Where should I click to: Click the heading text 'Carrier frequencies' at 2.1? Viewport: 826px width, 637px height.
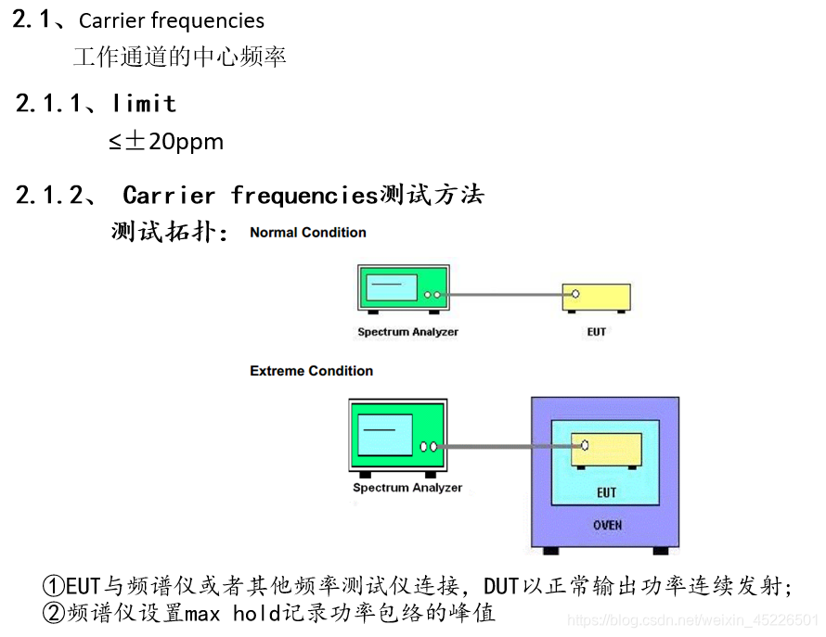[172, 21]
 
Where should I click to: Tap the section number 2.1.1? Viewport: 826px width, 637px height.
[49, 103]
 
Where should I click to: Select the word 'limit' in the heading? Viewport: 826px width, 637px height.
[144, 103]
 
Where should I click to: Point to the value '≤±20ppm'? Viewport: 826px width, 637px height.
[166, 142]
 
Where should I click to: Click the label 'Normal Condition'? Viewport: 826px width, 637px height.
[308, 233]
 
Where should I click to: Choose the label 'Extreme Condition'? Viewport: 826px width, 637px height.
[312, 371]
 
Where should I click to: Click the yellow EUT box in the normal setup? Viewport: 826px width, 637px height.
[597, 297]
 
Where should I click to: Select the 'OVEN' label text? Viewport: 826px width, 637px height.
[607, 526]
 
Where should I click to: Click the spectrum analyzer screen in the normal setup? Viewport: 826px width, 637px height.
[391, 287]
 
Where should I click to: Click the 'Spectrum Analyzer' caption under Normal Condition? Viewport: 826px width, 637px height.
[407, 331]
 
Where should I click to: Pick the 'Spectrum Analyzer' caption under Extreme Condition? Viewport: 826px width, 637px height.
[407, 488]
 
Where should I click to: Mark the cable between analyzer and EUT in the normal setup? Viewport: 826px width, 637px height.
[506, 295]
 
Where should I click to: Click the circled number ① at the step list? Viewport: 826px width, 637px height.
[54, 588]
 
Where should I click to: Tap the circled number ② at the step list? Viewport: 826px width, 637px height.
[54, 613]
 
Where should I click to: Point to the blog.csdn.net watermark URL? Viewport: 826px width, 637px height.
[691, 619]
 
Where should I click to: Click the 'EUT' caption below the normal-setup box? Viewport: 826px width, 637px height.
[597, 331]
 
